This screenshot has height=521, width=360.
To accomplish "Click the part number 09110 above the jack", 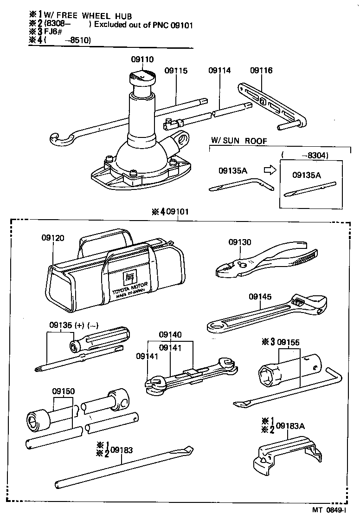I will tap(142, 59).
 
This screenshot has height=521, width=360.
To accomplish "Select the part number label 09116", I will tap(261, 71).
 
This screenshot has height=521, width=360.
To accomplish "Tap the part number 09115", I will tap(176, 71).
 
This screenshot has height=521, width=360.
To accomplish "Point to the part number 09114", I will tap(219, 71).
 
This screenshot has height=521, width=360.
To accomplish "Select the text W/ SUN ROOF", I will tap(239, 140).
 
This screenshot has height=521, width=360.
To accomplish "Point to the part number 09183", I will tap(122, 449).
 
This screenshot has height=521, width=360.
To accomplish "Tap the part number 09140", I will tap(170, 334).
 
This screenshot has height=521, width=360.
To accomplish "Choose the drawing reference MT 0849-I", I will tap(329, 509).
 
